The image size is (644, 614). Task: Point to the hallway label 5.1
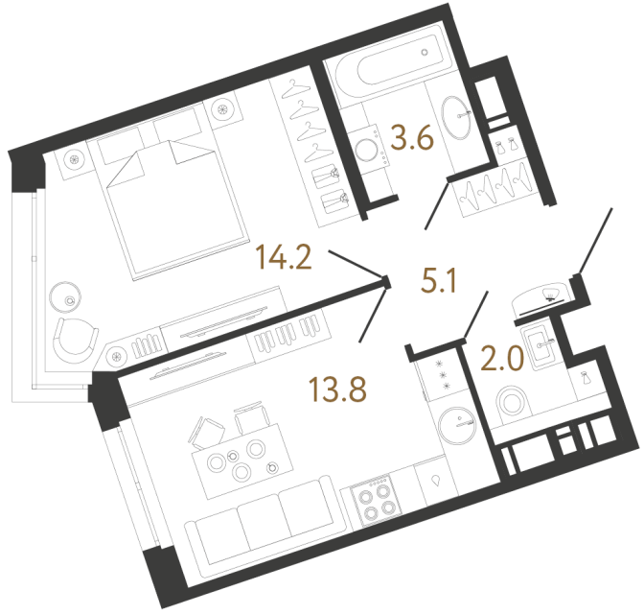pyautogui.click(x=444, y=281)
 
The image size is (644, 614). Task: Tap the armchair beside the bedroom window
pyautogui.click(x=76, y=337)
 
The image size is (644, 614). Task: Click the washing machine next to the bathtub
pyautogui.click(x=365, y=148)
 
